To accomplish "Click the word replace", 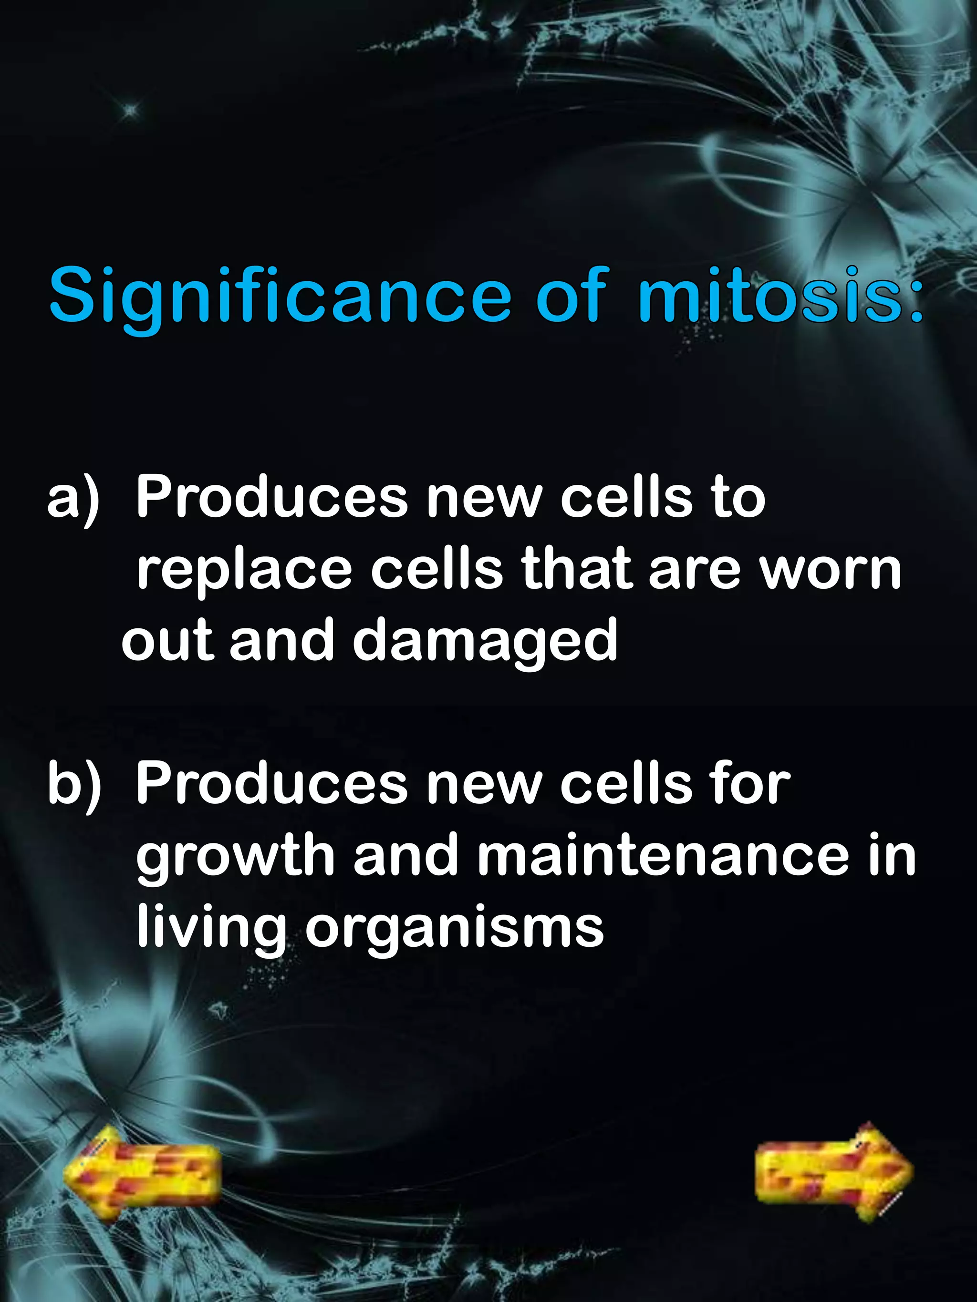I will pyautogui.click(x=244, y=571).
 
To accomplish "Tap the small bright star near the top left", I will pyautogui.click(x=130, y=108).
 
